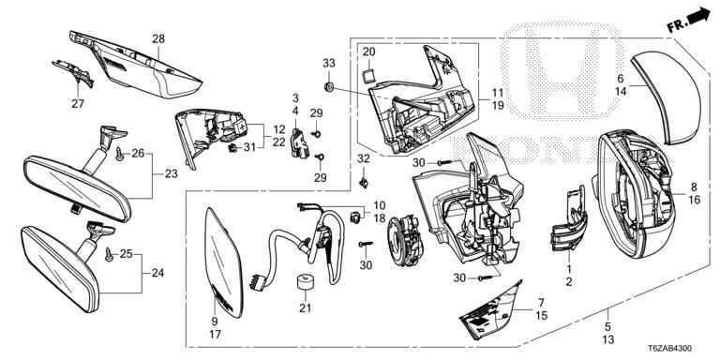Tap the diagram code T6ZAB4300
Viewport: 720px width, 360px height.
point(670,349)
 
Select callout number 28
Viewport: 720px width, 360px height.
point(157,39)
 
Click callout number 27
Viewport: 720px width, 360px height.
point(78,104)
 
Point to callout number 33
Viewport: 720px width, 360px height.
point(330,64)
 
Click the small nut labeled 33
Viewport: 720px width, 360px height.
point(329,86)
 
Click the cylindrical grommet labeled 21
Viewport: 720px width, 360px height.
point(303,282)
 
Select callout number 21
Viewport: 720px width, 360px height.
point(305,308)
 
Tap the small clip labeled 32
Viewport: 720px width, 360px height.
point(364,183)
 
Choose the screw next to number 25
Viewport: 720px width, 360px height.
point(109,254)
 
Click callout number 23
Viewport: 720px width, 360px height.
point(171,174)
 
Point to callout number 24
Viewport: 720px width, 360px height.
point(157,273)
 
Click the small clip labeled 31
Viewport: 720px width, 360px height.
point(233,147)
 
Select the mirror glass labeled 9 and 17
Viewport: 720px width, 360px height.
point(224,262)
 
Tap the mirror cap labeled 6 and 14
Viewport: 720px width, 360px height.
point(667,98)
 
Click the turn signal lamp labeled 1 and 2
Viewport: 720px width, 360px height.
point(568,219)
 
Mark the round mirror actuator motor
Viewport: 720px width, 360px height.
point(405,242)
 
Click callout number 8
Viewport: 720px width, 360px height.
point(694,187)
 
